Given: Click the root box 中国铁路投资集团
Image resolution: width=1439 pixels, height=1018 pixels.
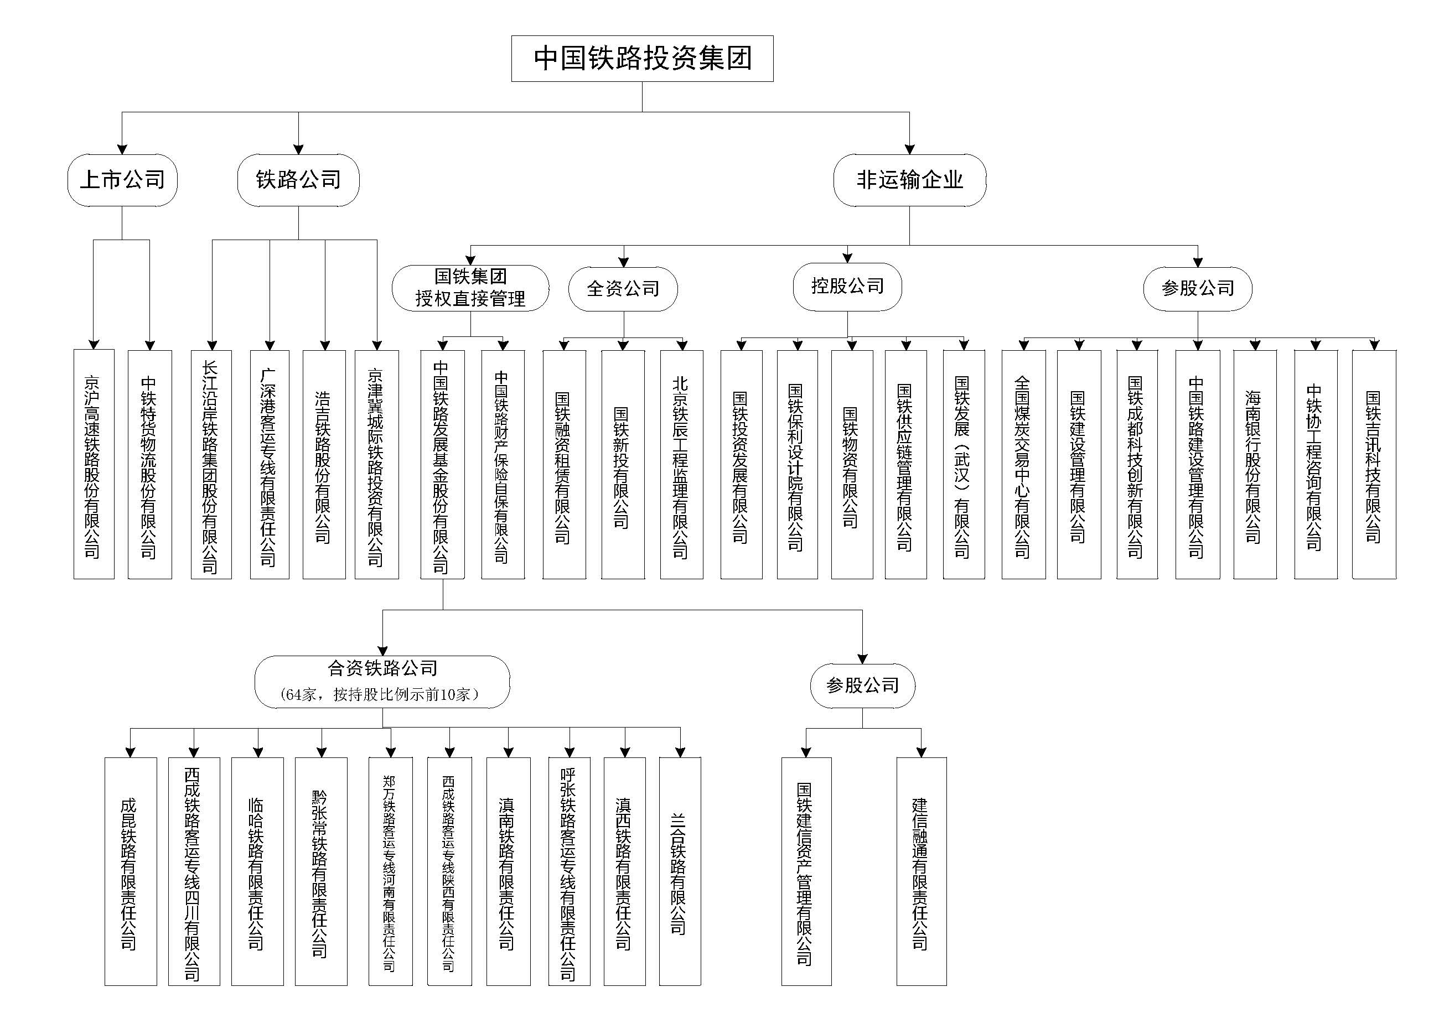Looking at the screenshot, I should pyautogui.click(x=642, y=58).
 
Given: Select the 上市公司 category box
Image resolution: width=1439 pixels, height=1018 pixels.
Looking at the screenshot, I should pyautogui.click(x=122, y=180).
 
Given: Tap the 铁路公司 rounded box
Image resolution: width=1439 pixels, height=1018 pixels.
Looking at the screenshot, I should pyautogui.click(x=298, y=180).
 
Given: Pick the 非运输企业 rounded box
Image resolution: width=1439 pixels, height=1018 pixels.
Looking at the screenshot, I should pyautogui.click(x=909, y=180).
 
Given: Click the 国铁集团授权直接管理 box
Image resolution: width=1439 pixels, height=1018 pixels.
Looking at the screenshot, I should pyautogui.click(x=470, y=288).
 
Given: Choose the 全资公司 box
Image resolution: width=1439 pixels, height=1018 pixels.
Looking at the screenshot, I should pyautogui.click(x=623, y=288).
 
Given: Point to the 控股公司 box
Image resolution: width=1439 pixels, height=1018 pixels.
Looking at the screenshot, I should pyautogui.click(x=847, y=287).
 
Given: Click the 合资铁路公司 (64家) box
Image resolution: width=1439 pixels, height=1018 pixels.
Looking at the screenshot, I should pyautogui.click(x=382, y=682).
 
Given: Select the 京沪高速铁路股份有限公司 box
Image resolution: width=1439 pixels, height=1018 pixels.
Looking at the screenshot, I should pyautogui.click(x=94, y=464).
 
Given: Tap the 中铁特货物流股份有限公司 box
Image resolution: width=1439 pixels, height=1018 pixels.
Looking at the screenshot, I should pyautogui.click(x=149, y=464).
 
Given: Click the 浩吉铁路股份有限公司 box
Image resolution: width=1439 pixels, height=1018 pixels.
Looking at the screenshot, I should pyautogui.click(x=324, y=464).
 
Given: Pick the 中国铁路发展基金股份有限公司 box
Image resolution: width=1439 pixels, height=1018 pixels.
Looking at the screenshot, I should pyautogui.click(x=442, y=464).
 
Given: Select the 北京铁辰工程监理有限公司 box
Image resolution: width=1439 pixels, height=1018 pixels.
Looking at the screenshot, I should pyautogui.click(x=681, y=464).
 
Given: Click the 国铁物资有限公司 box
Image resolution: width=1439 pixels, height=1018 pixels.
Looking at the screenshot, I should pyautogui.click(x=851, y=464).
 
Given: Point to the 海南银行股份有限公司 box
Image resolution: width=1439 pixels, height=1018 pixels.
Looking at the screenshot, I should pyautogui.click(x=1254, y=464).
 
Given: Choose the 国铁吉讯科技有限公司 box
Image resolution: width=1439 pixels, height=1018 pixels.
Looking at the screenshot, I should pyautogui.click(x=1373, y=464).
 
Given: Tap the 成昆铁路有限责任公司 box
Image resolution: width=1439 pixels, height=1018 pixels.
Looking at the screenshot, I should pyautogui.click(x=131, y=871).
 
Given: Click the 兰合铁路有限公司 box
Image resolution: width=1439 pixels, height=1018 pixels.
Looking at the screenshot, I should pyautogui.click(x=680, y=871).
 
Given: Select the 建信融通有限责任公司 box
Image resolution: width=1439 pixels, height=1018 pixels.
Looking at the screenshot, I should pyautogui.click(x=920, y=871).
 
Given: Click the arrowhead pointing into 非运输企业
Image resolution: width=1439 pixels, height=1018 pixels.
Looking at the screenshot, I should pyautogui.click(x=909, y=149).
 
